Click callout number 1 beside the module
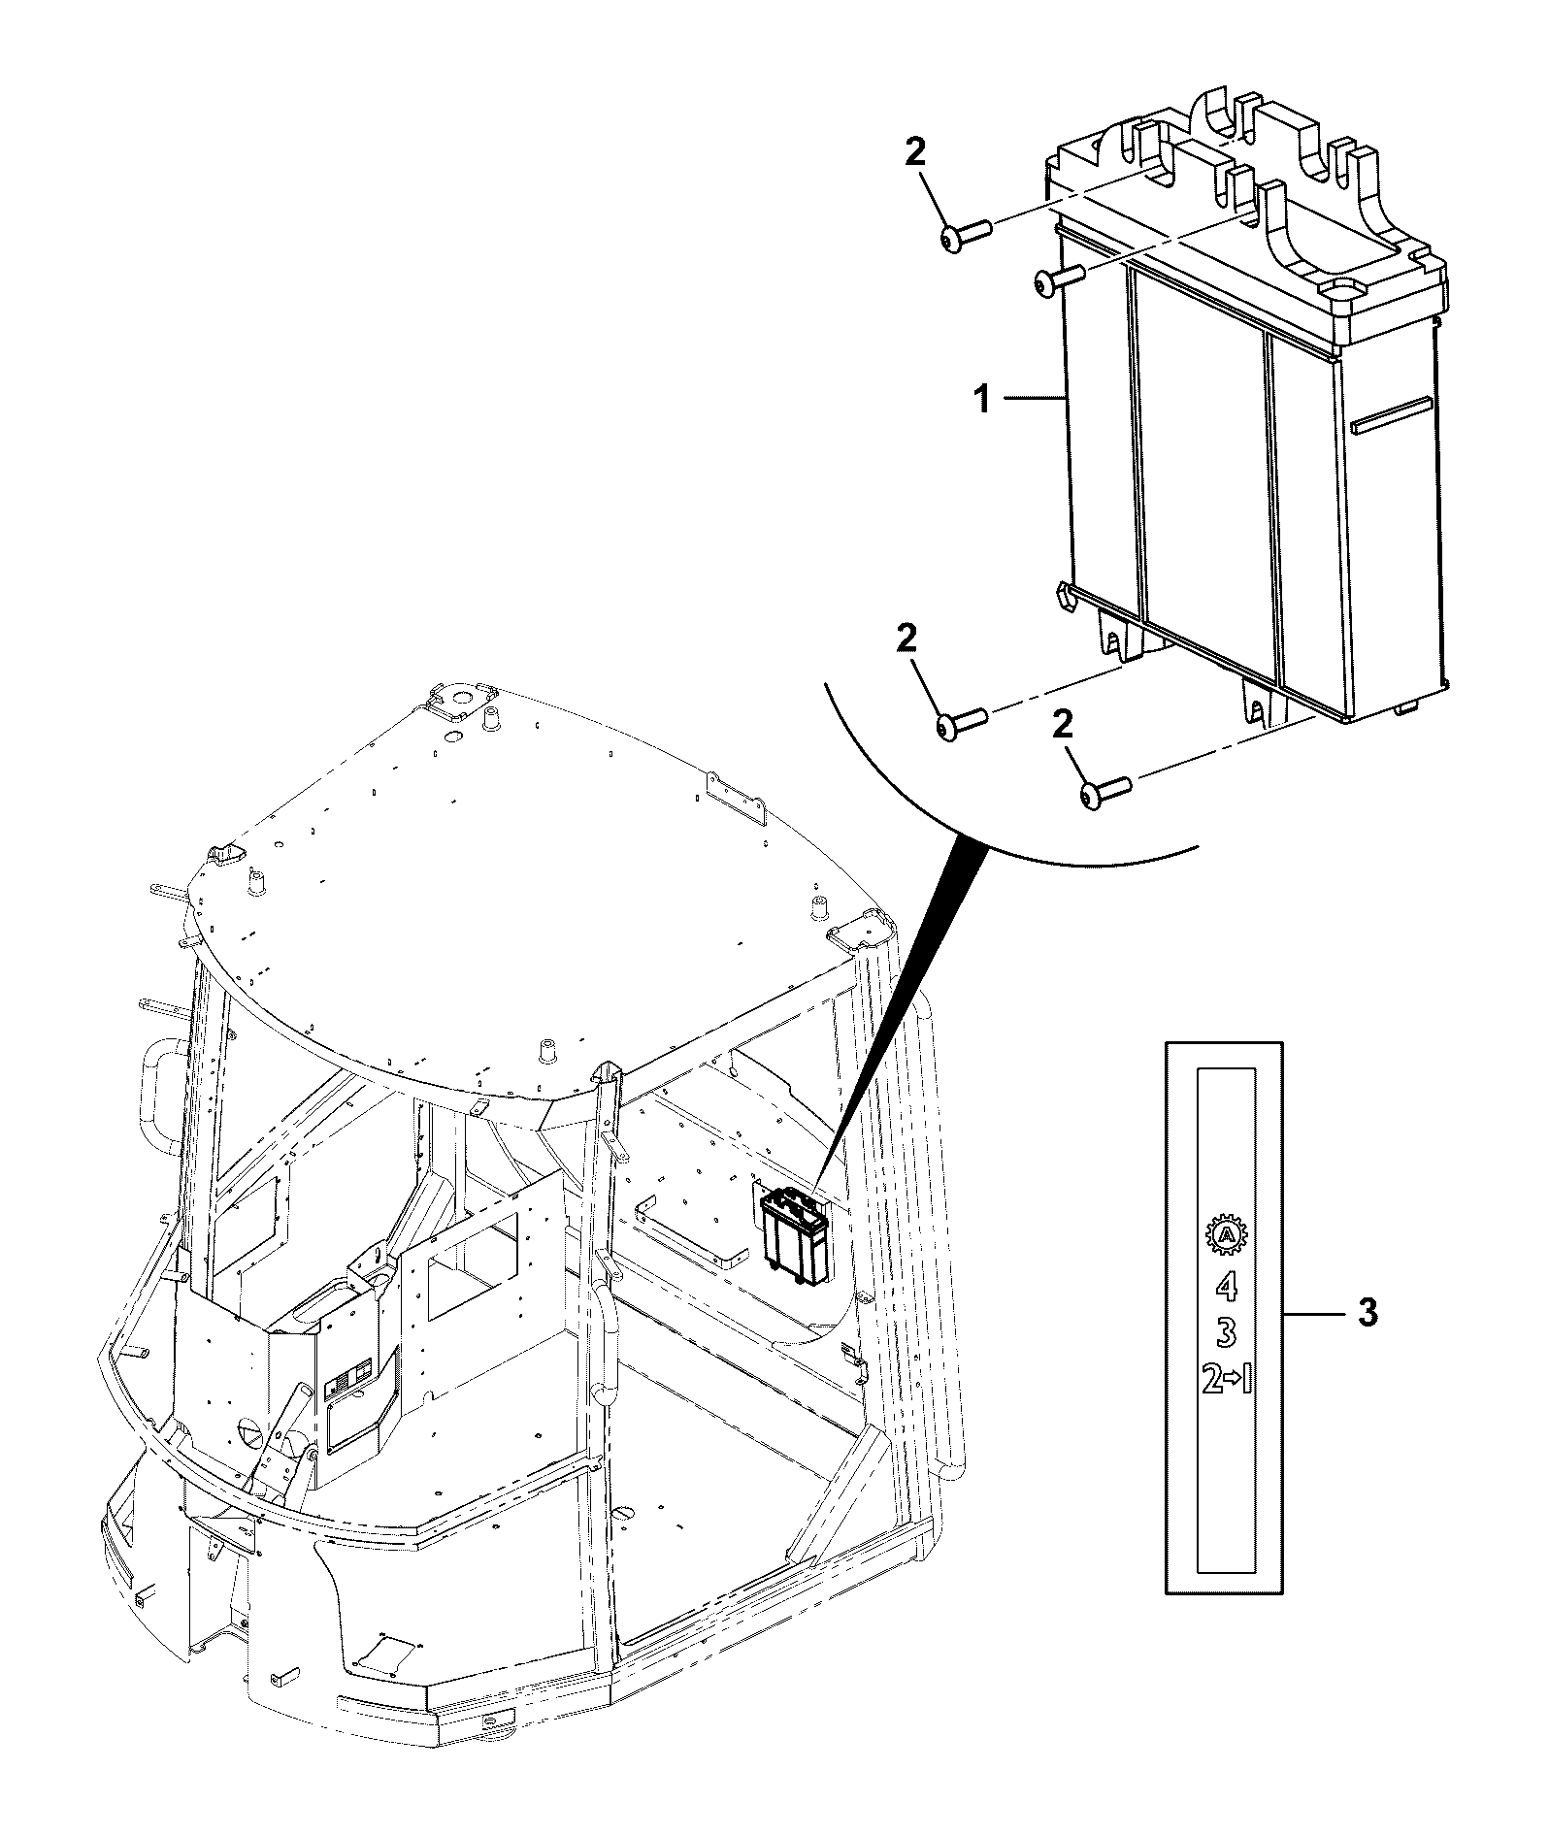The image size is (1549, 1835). coord(983,398)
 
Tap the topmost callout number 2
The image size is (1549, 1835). coord(915,151)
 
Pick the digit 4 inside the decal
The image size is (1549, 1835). coord(1227,1286)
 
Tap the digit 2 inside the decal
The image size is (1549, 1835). coord(1212,1380)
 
